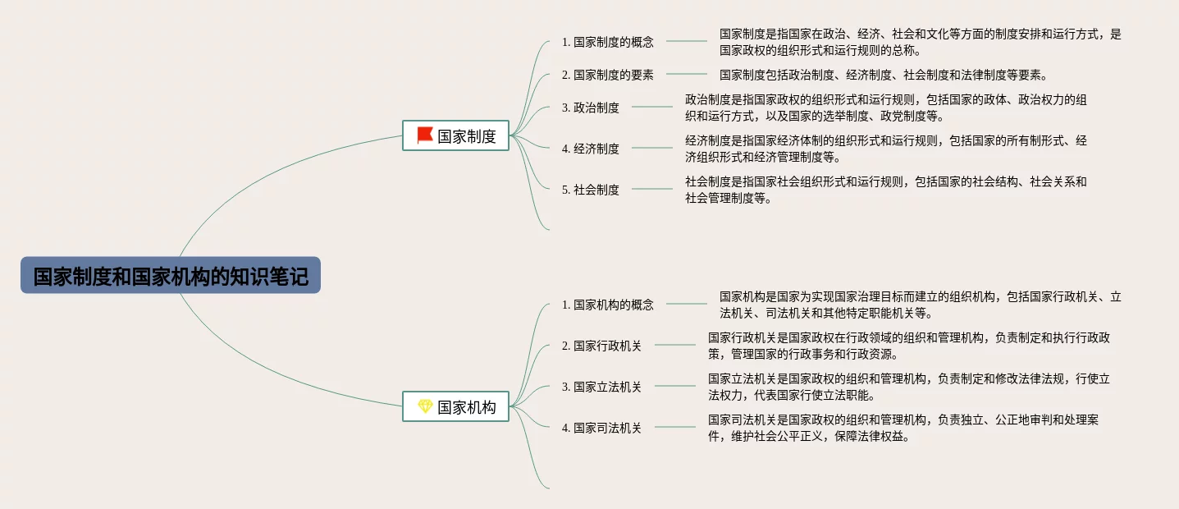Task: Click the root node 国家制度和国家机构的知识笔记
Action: click(171, 276)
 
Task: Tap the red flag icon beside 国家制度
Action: click(424, 135)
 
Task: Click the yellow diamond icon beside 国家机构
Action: click(424, 406)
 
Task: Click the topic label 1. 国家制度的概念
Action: click(607, 42)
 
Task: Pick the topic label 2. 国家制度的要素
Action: click(607, 75)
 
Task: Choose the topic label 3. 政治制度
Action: click(590, 108)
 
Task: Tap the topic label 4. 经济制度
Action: click(590, 149)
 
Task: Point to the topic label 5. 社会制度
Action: click(590, 190)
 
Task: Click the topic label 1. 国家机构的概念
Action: click(607, 305)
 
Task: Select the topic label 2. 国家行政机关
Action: click(601, 346)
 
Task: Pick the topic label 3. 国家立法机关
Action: click(601, 387)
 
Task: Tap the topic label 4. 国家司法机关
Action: click(601, 428)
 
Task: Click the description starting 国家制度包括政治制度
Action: click(883, 75)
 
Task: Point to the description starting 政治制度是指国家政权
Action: click(886, 108)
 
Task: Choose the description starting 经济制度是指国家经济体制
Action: click(886, 149)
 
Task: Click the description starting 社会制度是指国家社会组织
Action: click(886, 190)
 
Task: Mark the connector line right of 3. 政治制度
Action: click(652, 107)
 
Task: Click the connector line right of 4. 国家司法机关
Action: click(674, 427)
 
